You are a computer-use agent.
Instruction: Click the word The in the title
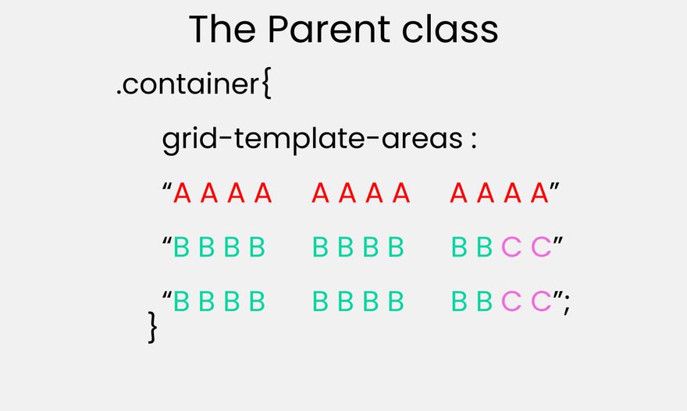coord(222,30)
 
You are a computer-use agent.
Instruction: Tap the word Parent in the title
coord(329,30)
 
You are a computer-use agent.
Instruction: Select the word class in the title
coord(450,30)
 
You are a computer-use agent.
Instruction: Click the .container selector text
coord(188,83)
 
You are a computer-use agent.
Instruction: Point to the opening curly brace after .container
coord(266,83)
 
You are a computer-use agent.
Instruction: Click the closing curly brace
coord(152,327)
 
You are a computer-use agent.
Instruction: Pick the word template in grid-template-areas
coord(299,139)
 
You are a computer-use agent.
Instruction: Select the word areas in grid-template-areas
coord(422,139)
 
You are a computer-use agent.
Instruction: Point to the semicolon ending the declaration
coord(567,303)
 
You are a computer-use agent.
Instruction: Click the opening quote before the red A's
coord(167,186)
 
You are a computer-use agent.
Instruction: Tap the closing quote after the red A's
coord(554,186)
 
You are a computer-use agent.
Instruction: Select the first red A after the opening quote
coord(182,193)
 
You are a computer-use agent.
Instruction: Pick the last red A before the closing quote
coord(539,193)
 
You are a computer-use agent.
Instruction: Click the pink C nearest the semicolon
coord(541,301)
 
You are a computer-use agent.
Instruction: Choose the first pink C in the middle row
coord(511,247)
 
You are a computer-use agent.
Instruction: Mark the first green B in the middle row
coord(181,247)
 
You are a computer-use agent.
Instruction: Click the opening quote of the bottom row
coord(167,295)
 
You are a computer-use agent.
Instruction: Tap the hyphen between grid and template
coord(226,139)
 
